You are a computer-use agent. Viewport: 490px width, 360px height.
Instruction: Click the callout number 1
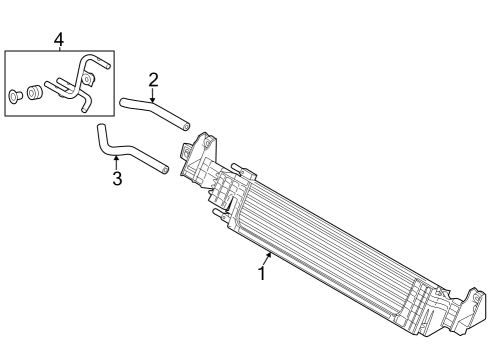pyautogui.click(x=262, y=272)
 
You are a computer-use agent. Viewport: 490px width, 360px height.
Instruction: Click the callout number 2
pyautogui.click(x=153, y=79)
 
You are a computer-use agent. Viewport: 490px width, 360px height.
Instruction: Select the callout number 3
pyautogui.click(x=117, y=179)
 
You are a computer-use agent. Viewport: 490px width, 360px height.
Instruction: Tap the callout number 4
pyautogui.click(x=58, y=39)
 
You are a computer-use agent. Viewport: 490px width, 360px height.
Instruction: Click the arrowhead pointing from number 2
pyautogui.click(x=153, y=100)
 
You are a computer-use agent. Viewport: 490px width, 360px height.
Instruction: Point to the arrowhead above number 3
pyautogui.click(x=116, y=156)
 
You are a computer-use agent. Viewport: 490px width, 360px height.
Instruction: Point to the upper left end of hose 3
pyautogui.click(x=100, y=127)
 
